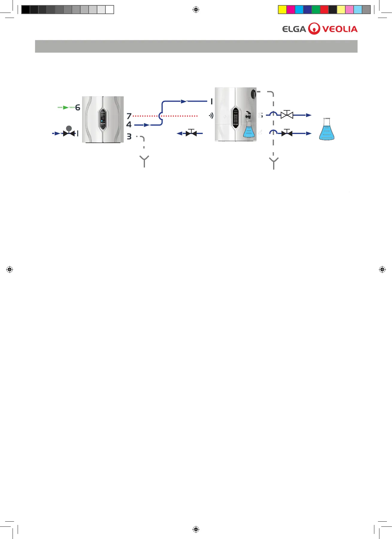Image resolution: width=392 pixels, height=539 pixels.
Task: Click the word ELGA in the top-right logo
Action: click(x=294, y=29)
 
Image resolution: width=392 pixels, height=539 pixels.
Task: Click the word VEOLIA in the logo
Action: click(x=340, y=29)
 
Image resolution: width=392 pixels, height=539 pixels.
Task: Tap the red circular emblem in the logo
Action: click(x=314, y=29)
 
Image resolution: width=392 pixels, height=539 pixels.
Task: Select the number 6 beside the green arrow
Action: click(x=78, y=107)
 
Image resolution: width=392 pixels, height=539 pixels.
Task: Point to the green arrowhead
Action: click(x=66, y=107)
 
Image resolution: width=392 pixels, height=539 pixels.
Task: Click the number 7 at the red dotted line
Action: click(x=129, y=116)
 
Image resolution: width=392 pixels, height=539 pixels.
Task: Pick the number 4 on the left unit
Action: click(x=129, y=124)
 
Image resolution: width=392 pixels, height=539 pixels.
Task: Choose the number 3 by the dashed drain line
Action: click(x=129, y=137)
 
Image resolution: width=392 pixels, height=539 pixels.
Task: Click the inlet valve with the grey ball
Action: click(x=69, y=132)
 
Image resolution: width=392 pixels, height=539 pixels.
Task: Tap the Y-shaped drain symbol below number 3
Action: click(x=144, y=161)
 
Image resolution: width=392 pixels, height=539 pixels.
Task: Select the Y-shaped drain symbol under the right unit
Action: click(x=274, y=163)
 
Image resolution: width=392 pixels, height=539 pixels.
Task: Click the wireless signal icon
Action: click(x=211, y=115)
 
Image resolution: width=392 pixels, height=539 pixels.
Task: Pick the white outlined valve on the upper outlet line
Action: click(x=287, y=115)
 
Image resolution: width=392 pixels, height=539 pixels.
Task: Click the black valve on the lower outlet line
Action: click(x=287, y=133)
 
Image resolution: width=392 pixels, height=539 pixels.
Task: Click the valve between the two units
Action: click(x=191, y=133)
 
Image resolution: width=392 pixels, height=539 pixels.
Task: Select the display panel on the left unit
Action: click(x=103, y=119)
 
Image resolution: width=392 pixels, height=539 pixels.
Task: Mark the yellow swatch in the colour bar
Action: click(x=282, y=10)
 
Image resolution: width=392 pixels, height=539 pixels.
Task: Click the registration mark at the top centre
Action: click(x=196, y=10)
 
